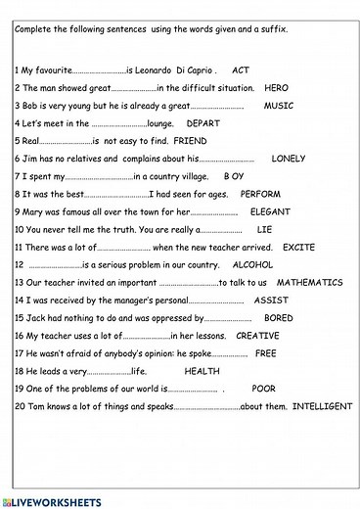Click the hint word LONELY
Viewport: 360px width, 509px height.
[289, 159]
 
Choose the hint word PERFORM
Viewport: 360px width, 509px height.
[260, 194]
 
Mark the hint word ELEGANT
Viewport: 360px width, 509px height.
[270, 211]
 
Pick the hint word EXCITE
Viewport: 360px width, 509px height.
[298, 248]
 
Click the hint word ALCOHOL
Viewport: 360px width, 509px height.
[252, 265]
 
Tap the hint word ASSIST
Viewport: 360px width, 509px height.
[271, 301]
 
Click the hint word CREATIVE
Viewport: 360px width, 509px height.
[258, 336]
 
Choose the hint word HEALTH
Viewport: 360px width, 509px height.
[202, 371]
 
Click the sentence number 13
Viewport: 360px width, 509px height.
[20, 283]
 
